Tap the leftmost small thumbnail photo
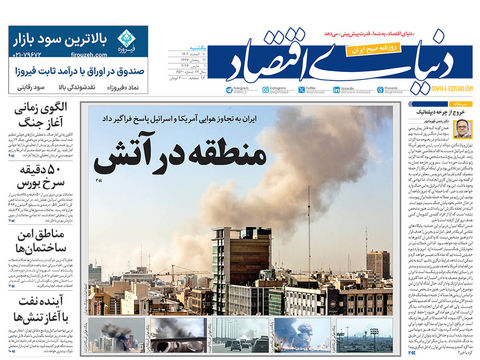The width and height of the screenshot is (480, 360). click(121, 335)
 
